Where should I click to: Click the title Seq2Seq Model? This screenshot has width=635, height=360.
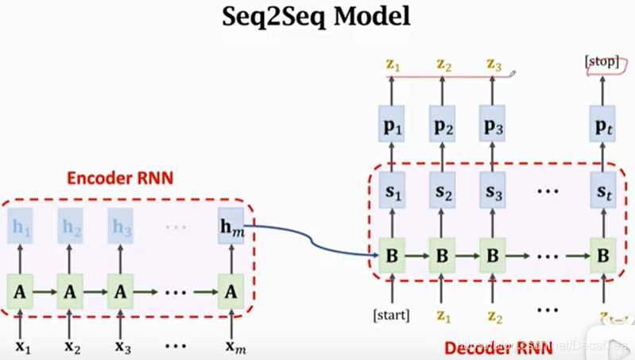[x=316, y=17]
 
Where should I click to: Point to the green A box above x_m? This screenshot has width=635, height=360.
[x=230, y=292]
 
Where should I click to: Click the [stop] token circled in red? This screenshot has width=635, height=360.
[x=602, y=64]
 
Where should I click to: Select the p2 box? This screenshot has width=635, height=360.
[x=443, y=126]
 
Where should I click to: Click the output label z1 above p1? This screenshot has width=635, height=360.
[x=392, y=64]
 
